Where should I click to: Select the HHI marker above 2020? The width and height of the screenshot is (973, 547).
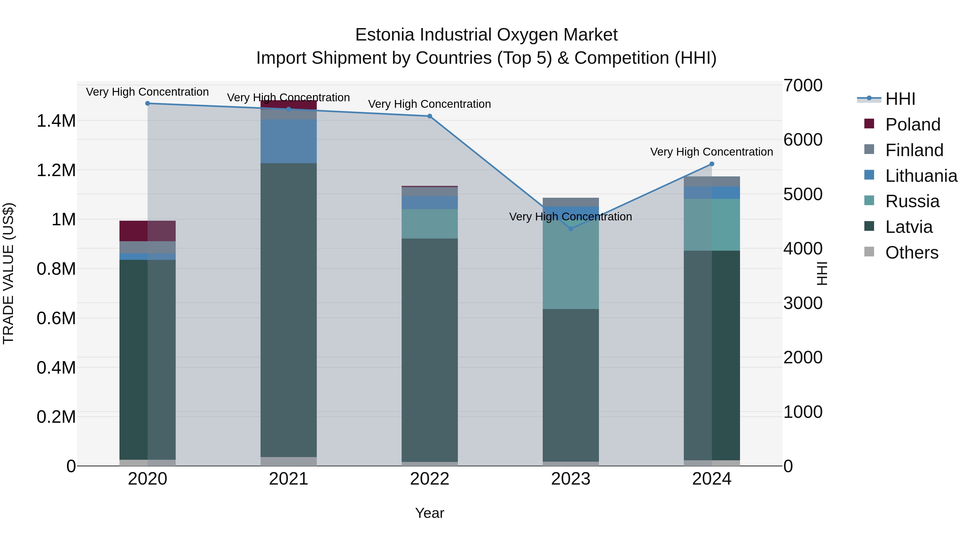(x=148, y=103)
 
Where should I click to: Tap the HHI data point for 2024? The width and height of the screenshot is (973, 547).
(x=712, y=164)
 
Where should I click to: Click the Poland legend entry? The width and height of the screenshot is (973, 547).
(x=912, y=125)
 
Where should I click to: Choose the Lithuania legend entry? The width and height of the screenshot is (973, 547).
(x=921, y=176)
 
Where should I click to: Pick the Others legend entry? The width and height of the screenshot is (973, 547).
(x=911, y=253)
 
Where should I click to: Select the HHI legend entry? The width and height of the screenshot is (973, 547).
(x=900, y=99)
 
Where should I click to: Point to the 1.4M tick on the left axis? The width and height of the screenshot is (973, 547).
(x=56, y=121)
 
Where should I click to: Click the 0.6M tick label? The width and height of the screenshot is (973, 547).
(x=56, y=318)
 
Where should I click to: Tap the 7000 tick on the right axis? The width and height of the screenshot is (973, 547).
(x=803, y=85)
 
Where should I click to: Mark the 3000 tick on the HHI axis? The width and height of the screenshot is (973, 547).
(x=803, y=303)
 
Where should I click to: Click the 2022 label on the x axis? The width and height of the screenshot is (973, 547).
(x=429, y=479)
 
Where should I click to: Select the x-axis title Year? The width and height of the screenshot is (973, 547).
(x=429, y=513)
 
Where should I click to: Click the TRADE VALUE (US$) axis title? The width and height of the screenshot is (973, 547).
(x=8, y=273)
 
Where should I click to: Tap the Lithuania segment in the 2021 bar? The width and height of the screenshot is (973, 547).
(x=289, y=141)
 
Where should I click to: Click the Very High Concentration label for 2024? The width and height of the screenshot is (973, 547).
(x=711, y=152)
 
